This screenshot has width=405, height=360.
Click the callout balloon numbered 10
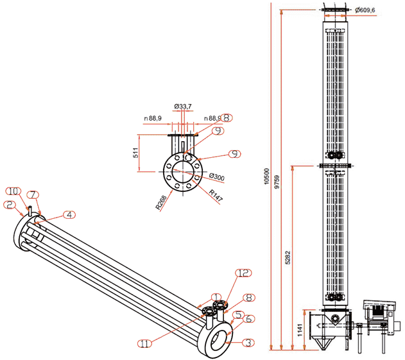[x=13, y=191]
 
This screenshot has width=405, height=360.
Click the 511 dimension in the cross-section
[x=134, y=153]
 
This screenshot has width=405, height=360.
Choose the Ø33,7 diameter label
[x=183, y=107]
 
